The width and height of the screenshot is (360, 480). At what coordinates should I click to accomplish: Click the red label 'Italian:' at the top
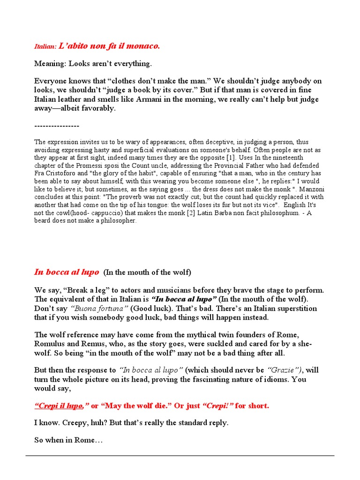pos(45,47)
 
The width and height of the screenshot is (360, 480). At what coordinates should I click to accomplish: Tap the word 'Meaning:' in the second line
pos(50,63)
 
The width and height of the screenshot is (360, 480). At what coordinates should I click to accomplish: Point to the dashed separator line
pos(57,126)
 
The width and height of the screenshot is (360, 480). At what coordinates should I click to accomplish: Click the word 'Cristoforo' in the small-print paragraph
pos(64,173)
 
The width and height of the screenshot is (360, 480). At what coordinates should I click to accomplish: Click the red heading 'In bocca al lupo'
pos(66,272)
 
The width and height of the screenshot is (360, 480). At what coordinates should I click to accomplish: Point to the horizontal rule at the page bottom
pos(180,455)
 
